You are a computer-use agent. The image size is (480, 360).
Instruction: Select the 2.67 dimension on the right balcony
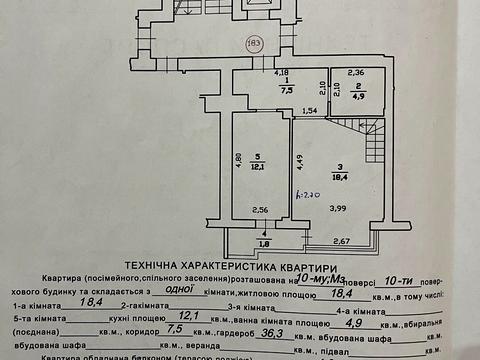(368, 241)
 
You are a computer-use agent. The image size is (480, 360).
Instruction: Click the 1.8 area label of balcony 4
(263, 242)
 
